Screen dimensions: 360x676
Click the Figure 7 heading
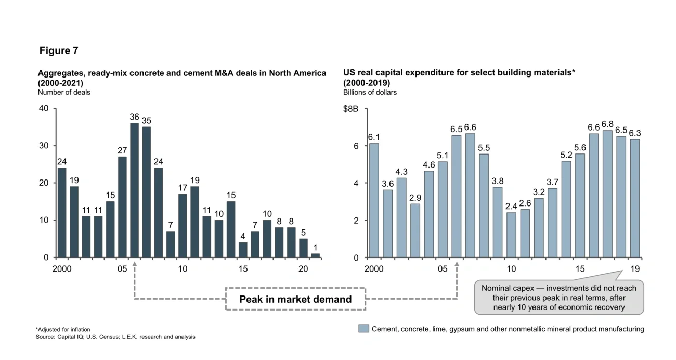(59, 50)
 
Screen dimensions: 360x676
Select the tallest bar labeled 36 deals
(134, 190)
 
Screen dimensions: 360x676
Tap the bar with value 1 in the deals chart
(316, 255)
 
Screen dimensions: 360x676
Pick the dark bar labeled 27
(122, 207)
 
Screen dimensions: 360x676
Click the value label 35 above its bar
(146, 121)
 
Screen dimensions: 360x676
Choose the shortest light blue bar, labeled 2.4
(511, 235)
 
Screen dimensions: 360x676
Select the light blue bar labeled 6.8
(607, 194)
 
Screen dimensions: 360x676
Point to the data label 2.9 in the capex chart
(415, 198)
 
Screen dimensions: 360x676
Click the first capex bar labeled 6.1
(374, 200)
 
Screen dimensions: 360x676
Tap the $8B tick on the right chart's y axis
(350, 109)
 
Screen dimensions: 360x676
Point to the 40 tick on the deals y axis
(44, 108)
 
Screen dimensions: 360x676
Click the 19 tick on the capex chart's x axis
(635, 269)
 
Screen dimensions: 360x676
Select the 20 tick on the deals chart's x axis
(304, 269)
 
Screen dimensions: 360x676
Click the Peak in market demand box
(295, 299)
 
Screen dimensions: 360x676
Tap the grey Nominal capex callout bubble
(559, 298)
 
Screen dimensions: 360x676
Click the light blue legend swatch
(364, 329)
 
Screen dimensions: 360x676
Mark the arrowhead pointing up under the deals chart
(134, 264)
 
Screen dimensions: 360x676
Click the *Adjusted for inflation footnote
(63, 329)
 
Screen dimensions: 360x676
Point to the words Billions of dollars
(370, 92)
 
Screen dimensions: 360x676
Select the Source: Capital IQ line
(115, 337)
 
